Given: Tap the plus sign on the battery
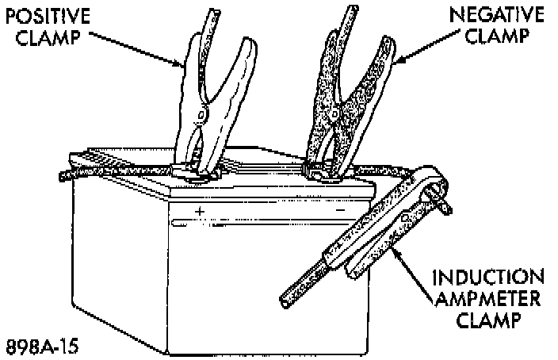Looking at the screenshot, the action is pyautogui.click(x=200, y=211).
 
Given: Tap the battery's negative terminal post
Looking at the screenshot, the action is pyautogui.click(x=321, y=168).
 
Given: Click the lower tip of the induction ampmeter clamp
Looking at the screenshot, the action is pyautogui.click(x=287, y=301).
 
